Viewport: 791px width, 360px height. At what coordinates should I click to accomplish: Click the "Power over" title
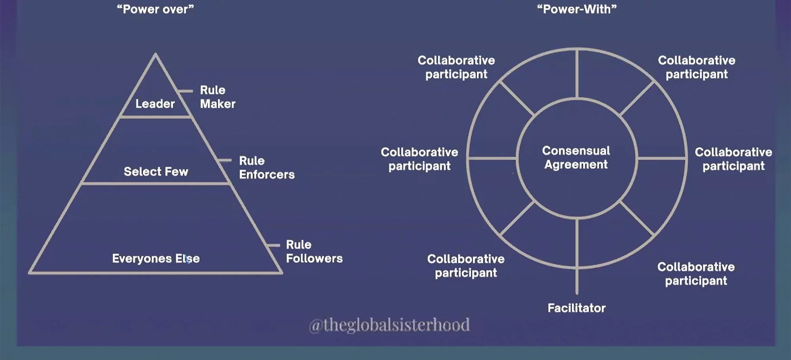click(155, 9)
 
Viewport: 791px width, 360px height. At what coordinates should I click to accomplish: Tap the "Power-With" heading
click(577, 9)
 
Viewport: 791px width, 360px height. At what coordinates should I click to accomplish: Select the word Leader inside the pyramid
click(155, 104)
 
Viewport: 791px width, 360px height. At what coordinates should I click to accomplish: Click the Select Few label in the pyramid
click(156, 171)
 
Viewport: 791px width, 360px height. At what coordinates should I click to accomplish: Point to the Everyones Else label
click(156, 258)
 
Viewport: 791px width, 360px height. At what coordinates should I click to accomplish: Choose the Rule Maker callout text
click(217, 97)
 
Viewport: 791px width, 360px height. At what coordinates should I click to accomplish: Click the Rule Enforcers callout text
click(267, 167)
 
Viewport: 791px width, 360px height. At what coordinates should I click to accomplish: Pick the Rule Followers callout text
click(314, 251)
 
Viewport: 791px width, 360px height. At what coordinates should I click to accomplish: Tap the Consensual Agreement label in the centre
click(576, 157)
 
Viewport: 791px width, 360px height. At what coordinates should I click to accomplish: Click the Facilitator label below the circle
click(576, 308)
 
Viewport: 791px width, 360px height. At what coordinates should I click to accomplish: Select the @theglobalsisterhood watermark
click(389, 325)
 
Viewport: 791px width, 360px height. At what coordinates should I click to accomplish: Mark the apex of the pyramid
click(155, 54)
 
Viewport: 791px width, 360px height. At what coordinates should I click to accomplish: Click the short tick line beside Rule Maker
click(184, 91)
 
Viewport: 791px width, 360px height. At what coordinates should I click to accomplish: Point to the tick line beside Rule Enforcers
click(225, 160)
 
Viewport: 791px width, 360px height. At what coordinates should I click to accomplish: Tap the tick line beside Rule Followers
click(273, 245)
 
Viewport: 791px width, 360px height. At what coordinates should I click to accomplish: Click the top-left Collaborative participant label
click(456, 67)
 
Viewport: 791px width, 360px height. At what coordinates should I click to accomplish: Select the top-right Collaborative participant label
click(696, 67)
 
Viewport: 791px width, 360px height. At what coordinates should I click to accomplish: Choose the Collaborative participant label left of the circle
click(419, 159)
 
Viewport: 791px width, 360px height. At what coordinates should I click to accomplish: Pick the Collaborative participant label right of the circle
click(733, 159)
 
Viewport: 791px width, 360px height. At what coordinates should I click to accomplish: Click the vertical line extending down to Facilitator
click(577, 281)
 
